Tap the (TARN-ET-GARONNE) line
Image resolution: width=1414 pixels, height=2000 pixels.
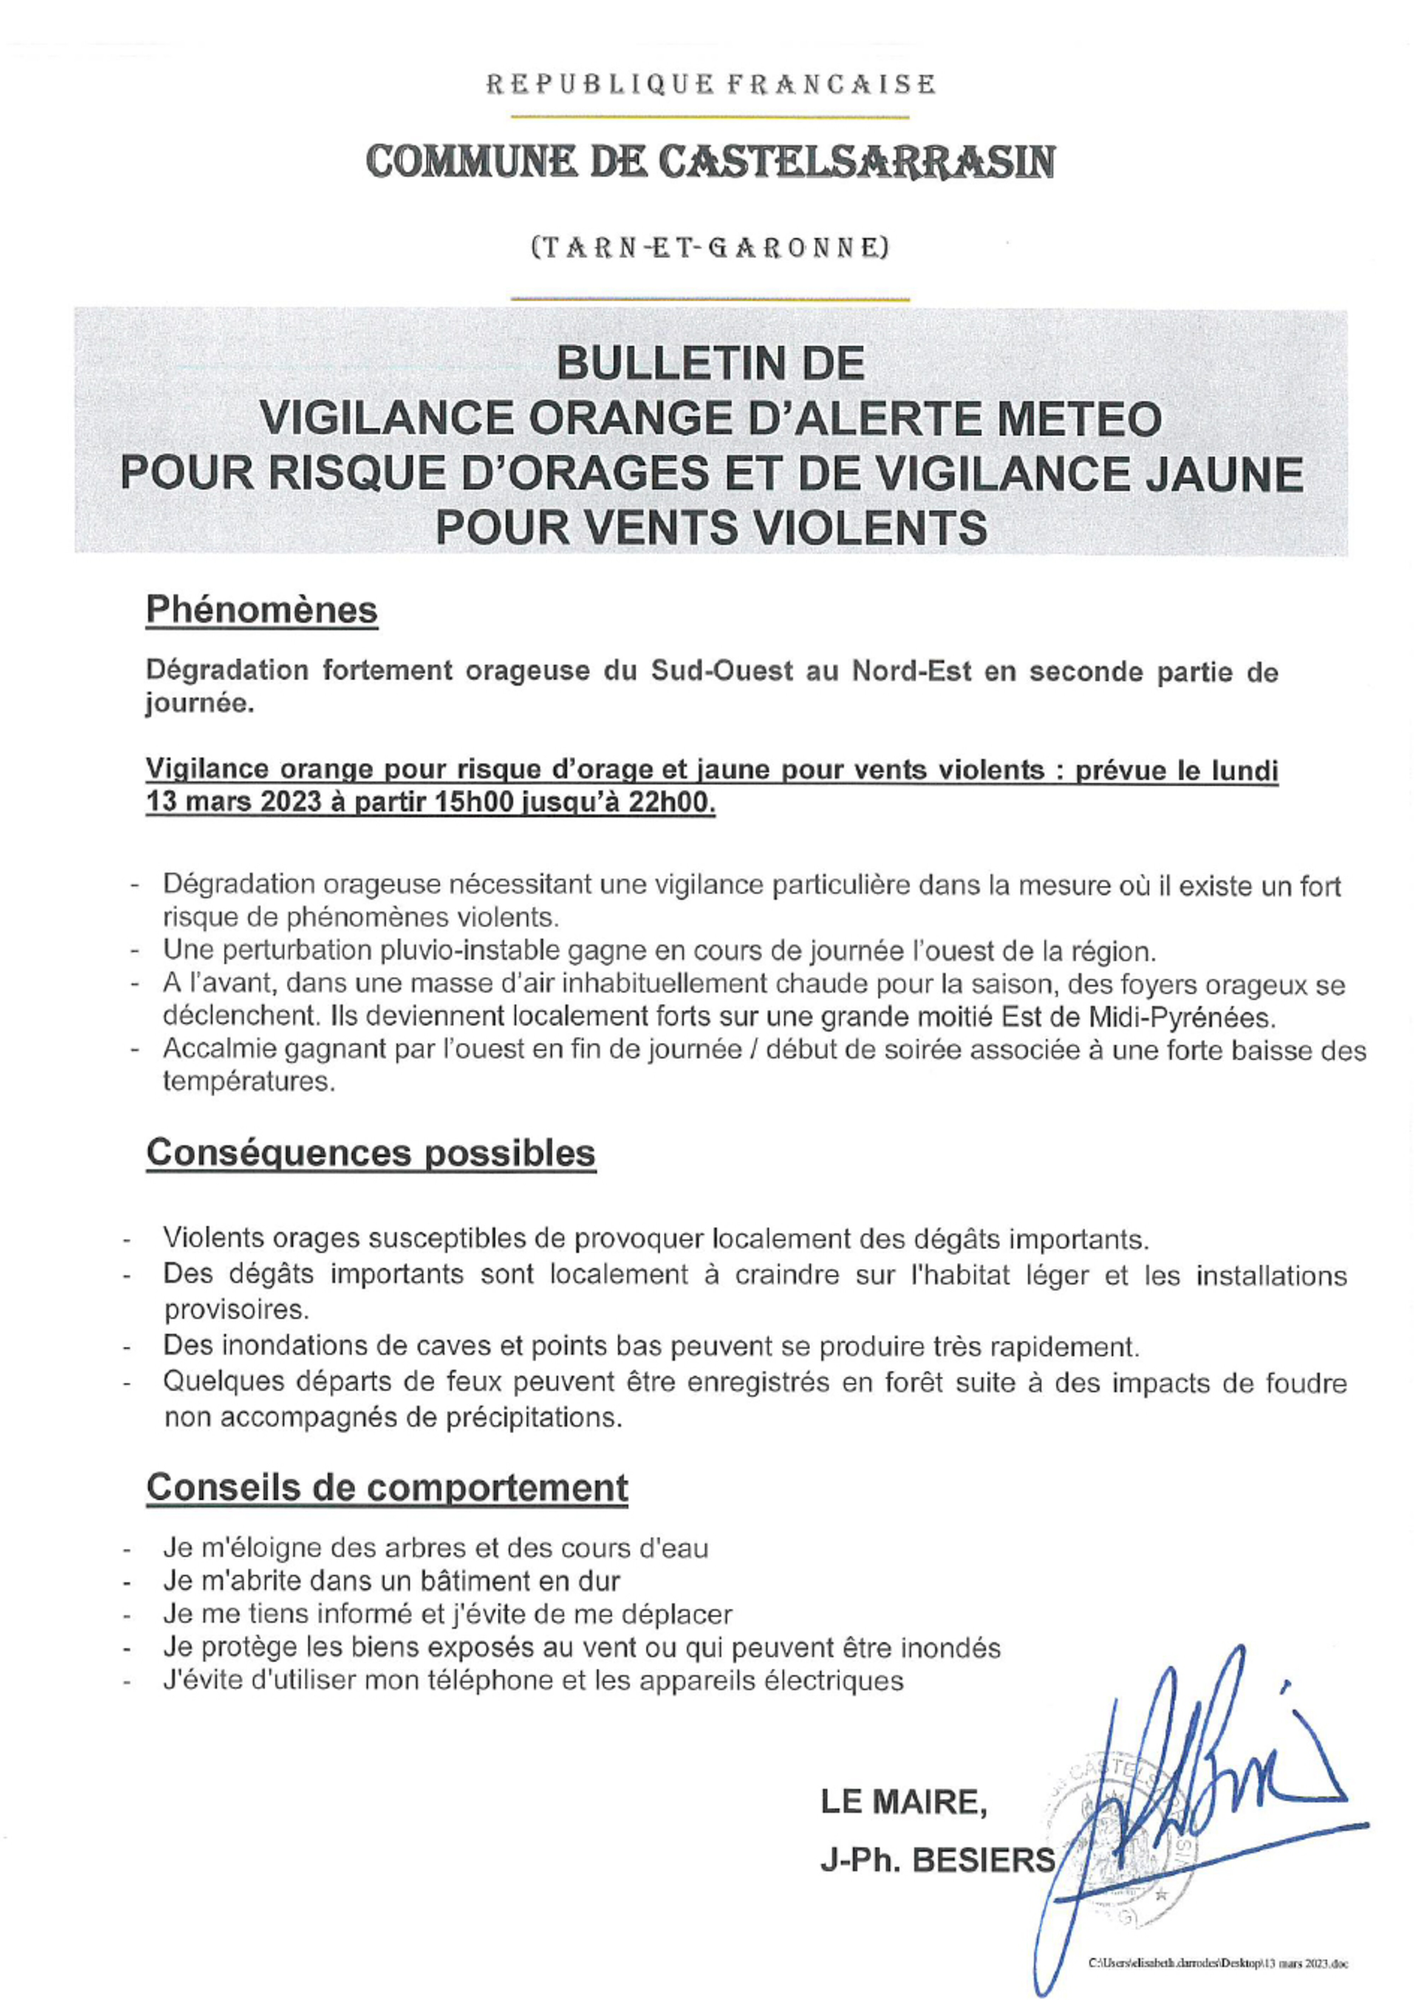tap(709, 249)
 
